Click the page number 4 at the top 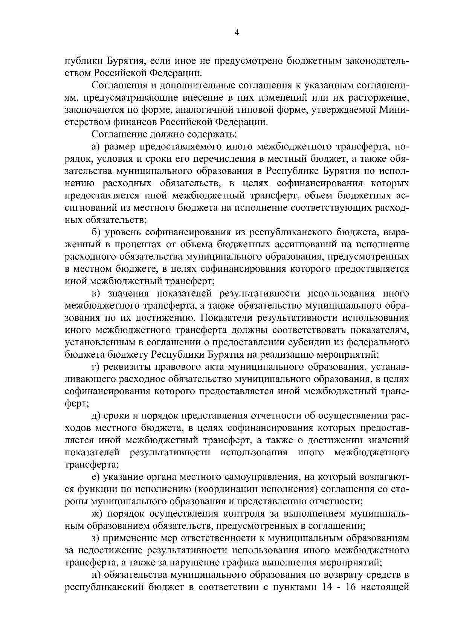(236, 33)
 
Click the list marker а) (96, 146)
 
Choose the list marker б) (96, 232)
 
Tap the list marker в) (96, 293)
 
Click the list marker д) (96, 415)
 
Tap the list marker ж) (97, 513)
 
